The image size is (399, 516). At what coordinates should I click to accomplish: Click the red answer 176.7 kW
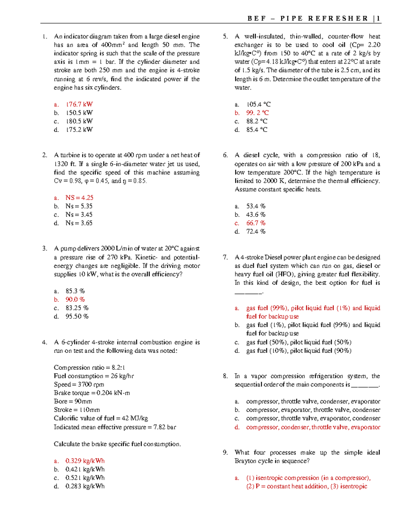tap(79, 104)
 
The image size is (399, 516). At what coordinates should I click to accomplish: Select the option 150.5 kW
tap(79, 113)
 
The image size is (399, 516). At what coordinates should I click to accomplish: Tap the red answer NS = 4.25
tap(79, 198)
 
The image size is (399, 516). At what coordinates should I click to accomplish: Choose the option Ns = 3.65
tap(79, 223)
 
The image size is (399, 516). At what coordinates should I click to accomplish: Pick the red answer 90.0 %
tap(75, 299)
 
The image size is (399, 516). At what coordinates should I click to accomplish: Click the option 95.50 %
tap(77, 316)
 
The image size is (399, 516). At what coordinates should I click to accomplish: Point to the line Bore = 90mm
tap(73, 401)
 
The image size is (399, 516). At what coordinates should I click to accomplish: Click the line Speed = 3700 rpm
tap(79, 384)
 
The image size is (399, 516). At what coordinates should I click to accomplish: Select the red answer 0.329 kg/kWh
tap(85, 461)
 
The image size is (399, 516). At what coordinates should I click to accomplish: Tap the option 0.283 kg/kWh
tap(85, 486)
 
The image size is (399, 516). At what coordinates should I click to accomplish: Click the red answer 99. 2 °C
tap(257, 113)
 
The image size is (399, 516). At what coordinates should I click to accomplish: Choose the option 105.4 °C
tap(258, 104)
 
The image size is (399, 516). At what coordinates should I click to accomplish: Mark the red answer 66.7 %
tap(256, 223)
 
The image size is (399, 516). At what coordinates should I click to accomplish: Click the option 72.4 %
tap(256, 232)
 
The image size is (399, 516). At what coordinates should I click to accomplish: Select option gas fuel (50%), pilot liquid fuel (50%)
tap(299, 342)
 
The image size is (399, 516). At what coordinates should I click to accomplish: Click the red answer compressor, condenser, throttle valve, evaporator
tap(313, 427)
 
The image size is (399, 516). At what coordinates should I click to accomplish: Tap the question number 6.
tap(225, 155)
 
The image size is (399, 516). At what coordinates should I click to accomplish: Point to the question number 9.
tap(225, 453)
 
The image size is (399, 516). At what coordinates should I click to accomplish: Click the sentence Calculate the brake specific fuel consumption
tap(117, 444)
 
